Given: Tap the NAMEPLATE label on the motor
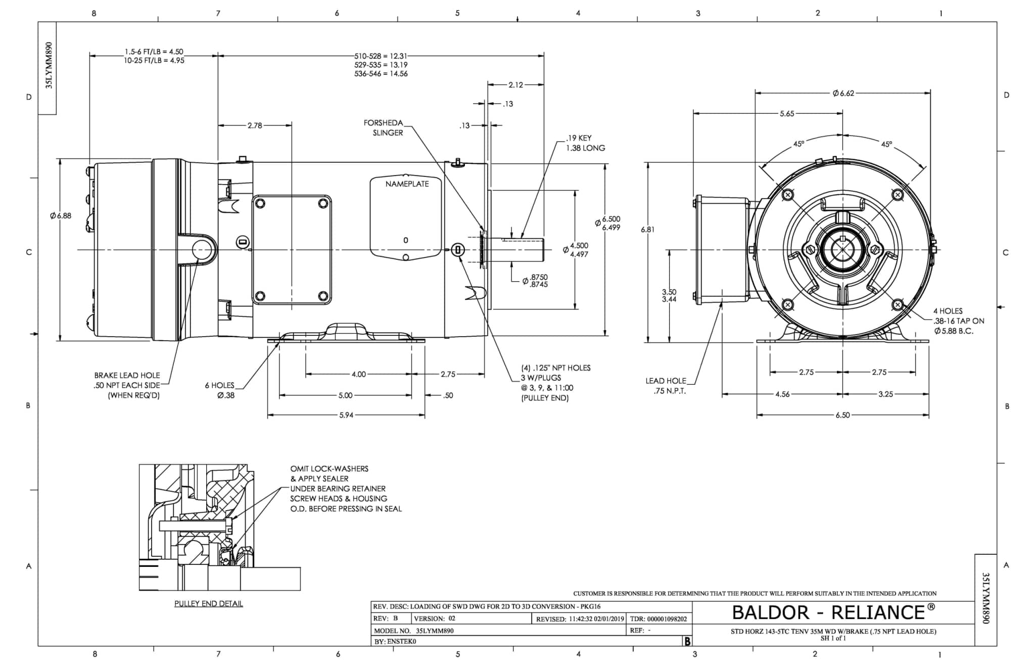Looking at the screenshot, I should (407, 184).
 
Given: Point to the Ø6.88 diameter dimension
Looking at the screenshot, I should (61, 216).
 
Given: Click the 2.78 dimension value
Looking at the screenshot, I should (255, 125).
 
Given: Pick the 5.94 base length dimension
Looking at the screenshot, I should (346, 415).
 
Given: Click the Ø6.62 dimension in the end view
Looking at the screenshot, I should (843, 93).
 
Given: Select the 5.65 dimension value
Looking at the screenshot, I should (787, 114).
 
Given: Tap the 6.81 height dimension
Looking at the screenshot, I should (647, 230).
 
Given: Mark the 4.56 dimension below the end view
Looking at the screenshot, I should (782, 394).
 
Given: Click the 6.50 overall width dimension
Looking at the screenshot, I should (842, 415).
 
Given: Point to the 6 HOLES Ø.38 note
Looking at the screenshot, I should (220, 390).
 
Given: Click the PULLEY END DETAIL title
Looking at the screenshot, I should (208, 604).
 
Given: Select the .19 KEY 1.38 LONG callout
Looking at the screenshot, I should (585, 143).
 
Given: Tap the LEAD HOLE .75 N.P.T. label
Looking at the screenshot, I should (666, 386).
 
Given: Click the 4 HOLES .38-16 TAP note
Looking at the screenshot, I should (958, 321).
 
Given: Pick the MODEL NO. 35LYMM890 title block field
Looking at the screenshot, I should (413, 631).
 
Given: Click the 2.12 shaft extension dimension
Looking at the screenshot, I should (515, 85).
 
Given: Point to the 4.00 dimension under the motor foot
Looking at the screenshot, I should (358, 375).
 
